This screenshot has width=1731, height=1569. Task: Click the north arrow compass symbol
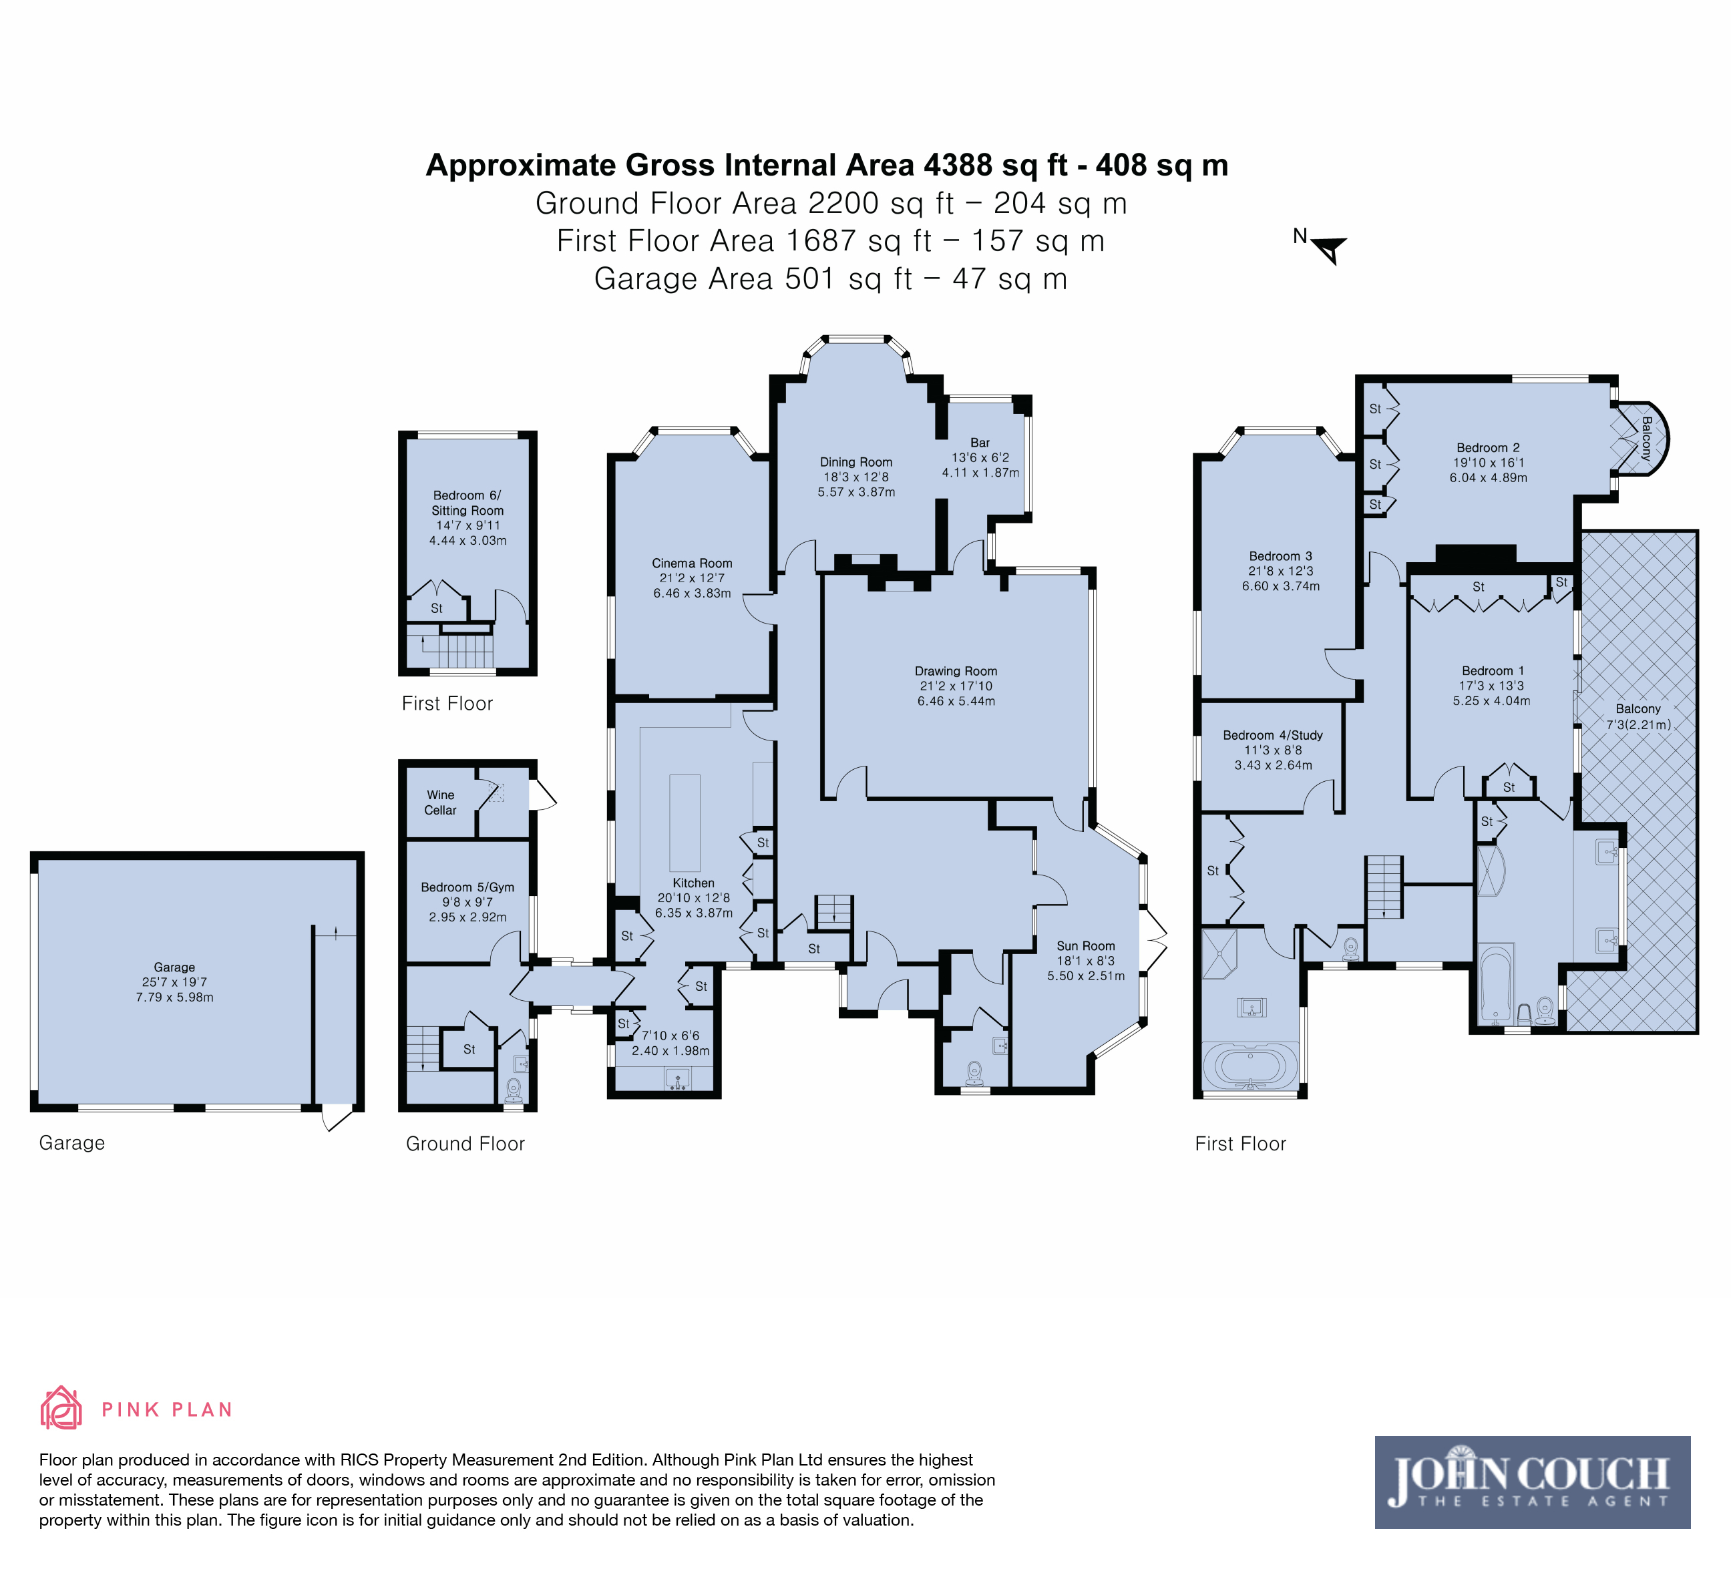1329,250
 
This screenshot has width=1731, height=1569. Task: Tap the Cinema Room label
692,563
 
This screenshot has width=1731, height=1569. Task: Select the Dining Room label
856,462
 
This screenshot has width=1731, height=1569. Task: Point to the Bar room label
980,443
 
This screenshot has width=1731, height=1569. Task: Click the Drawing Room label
956,671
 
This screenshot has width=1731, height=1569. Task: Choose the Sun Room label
1085,946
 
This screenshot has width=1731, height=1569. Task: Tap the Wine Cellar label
441,803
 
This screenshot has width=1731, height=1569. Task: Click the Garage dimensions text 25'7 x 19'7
174,982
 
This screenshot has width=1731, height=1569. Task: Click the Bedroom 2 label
1488,448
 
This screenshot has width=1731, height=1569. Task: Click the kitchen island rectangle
685,823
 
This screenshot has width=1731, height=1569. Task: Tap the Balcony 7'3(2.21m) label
1638,716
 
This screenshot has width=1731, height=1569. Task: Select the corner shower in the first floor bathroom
1219,953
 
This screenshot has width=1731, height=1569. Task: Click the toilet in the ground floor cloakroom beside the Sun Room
974,1072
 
